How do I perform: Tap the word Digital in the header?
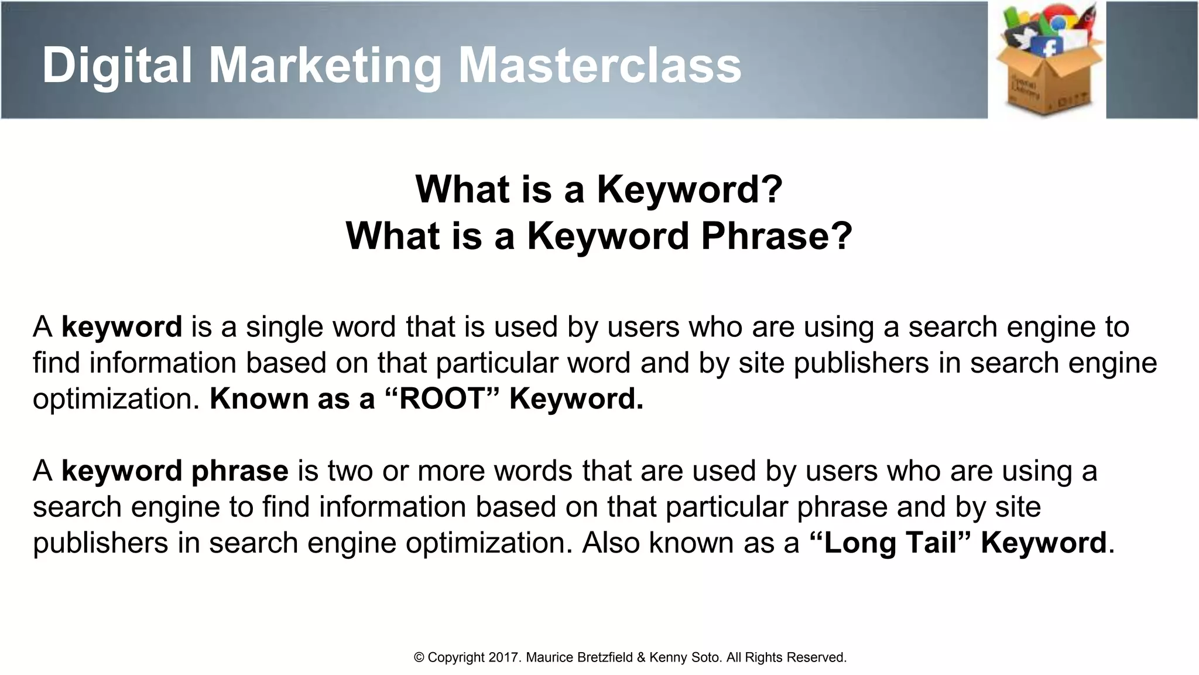(x=117, y=65)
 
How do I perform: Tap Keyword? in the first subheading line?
(x=689, y=189)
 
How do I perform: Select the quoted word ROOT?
(x=442, y=399)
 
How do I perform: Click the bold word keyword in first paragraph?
(x=122, y=327)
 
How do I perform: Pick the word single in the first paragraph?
(x=284, y=327)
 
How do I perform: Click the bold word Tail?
(x=930, y=543)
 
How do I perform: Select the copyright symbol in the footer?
(x=419, y=657)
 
